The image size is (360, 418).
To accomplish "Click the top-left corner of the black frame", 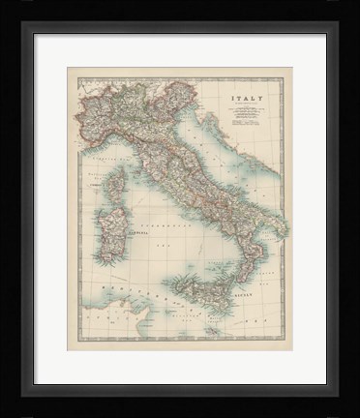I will [x=22, y=22].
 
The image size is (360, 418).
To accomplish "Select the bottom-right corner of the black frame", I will [x=338, y=396].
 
